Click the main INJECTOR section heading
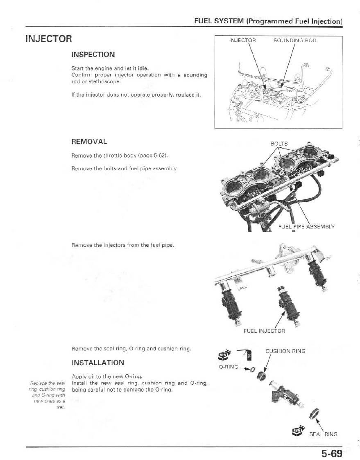pos(48,39)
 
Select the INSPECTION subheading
pos(93,54)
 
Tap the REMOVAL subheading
pos(89,142)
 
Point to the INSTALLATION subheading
pos(97,363)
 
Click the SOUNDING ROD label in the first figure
pos(294,41)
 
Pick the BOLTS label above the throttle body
pos(279,144)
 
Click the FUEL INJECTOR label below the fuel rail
pos(264,331)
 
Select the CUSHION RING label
pos(285,351)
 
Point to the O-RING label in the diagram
pos(229,367)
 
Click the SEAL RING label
pos(324,434)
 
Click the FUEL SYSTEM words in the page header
pos(219,21)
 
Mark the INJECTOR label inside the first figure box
pos(242,41)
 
